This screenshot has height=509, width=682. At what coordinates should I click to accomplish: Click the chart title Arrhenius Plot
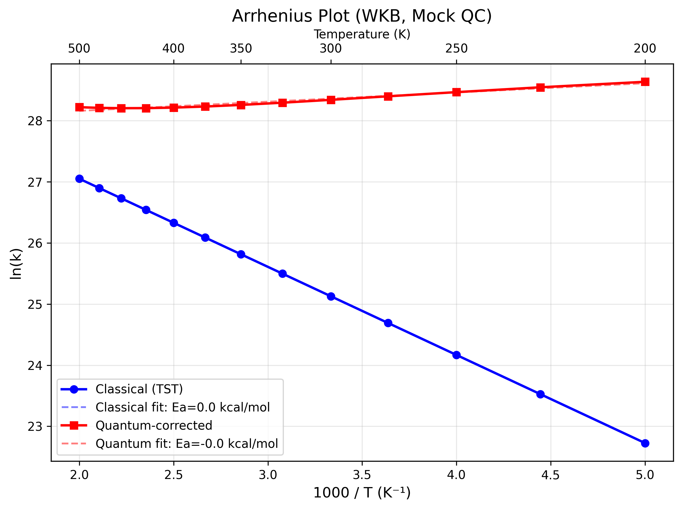pos(362,16)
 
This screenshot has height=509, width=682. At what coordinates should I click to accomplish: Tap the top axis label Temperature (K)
pos(362,34)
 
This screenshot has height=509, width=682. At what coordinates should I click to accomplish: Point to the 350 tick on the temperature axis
pos(241,49)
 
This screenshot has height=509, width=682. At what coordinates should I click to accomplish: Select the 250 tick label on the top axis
pos(456,49)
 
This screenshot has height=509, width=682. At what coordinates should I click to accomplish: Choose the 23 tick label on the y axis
pos(35,427)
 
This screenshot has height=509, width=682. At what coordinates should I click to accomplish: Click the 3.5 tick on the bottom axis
pos(362,475)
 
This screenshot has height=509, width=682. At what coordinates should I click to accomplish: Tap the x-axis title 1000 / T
pos(362,493)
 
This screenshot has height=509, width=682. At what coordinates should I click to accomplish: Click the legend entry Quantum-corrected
pos(154,426)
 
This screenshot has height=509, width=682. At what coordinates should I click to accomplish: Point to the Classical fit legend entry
pos(182,407)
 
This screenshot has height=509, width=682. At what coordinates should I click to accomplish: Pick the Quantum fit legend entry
pos(186,444)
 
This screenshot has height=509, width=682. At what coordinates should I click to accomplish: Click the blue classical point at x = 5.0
pos(645,443)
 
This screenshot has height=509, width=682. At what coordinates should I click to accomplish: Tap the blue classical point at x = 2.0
pos(79,179)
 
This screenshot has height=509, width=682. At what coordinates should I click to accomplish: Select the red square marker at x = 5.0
pos(645,82)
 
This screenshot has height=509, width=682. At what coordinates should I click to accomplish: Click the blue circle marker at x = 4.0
pos(456,355)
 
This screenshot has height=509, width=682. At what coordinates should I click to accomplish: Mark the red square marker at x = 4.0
pos(456,92)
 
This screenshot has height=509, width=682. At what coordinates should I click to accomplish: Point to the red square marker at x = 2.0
pos(79,107)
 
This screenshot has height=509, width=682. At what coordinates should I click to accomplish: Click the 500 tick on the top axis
pos(79,49)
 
